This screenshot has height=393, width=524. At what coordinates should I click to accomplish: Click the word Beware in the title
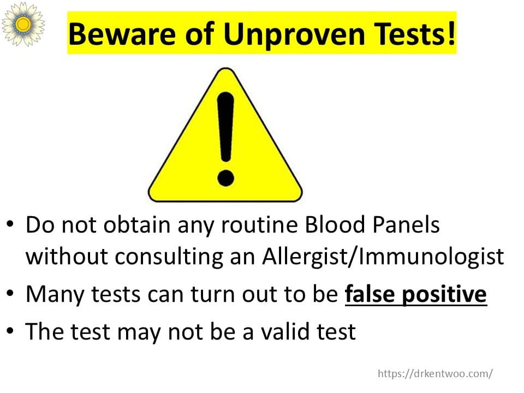coord(122,34)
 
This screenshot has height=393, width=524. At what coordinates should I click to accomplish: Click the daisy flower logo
coord(23,23)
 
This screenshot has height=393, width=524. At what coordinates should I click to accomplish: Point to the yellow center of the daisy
coord(23,24)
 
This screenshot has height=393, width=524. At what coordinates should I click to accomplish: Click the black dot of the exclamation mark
coord(225,177)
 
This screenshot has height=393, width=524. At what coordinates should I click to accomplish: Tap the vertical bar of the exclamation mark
coord(225,127)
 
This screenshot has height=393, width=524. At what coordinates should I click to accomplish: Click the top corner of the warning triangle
coord(226,69)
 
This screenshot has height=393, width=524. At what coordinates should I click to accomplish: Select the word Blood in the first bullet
coord(335,224)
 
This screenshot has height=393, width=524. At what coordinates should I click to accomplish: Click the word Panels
coord(406,224)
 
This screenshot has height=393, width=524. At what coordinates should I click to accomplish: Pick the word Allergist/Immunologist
coord(383,257)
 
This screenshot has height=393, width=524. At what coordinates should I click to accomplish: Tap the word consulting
coord(169,257)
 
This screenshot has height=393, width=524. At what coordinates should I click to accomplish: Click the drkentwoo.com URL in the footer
coord(435,373)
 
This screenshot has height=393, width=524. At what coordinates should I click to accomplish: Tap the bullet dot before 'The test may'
coord(10,331)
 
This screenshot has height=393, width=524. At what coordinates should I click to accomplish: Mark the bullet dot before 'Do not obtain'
coord(10,223)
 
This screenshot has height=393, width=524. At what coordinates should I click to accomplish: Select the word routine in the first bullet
coord(259,224)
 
